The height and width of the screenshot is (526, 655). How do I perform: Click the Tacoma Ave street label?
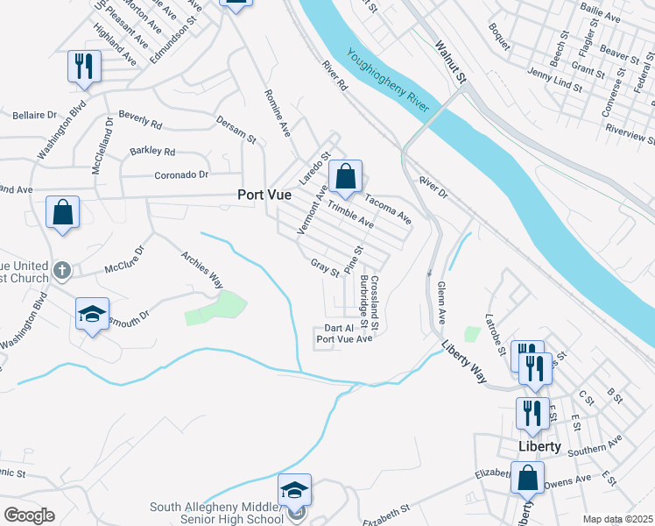point(388,207)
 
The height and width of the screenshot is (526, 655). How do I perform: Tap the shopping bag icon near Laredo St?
point(346,176)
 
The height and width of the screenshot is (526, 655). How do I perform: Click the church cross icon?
point(62,270)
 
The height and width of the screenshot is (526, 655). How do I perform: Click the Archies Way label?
point(202,270)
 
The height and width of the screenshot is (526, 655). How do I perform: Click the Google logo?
point(29,515)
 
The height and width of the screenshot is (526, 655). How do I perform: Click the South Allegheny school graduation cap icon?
point(295,490)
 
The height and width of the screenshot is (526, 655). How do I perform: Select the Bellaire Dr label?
point(34,115)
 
